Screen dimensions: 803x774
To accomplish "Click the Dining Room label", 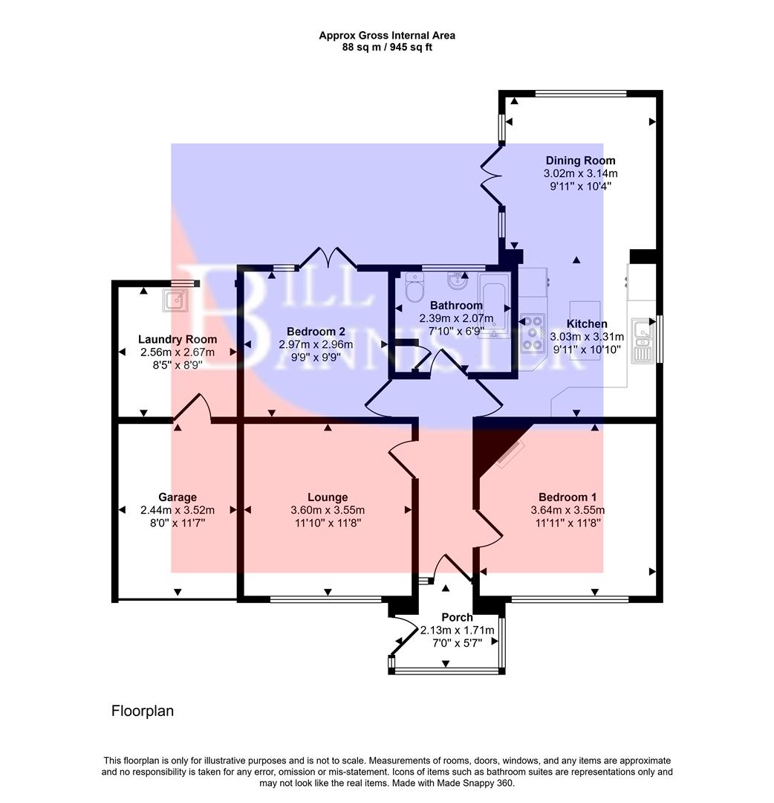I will [580, 161].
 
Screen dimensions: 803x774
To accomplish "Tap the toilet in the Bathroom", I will [414, 288].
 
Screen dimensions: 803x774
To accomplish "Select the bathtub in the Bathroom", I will [494, 301].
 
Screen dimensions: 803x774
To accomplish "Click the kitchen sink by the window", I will [641, 341].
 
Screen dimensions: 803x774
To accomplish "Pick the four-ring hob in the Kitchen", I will [531, 332].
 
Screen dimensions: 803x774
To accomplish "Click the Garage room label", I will [177, 497].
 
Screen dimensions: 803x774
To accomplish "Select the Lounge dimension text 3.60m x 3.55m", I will [328, 510].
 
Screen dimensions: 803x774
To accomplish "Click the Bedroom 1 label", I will [568, 497].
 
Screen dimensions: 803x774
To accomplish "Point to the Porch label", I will [457, 617].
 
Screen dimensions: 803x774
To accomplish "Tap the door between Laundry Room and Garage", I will [192, 409].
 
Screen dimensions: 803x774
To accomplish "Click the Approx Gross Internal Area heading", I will [387, 35].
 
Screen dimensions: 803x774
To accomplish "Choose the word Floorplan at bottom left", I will [142, 711].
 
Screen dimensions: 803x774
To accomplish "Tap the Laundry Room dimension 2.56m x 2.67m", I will [177, 352].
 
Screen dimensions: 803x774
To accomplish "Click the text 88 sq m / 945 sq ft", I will [387, 48].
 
